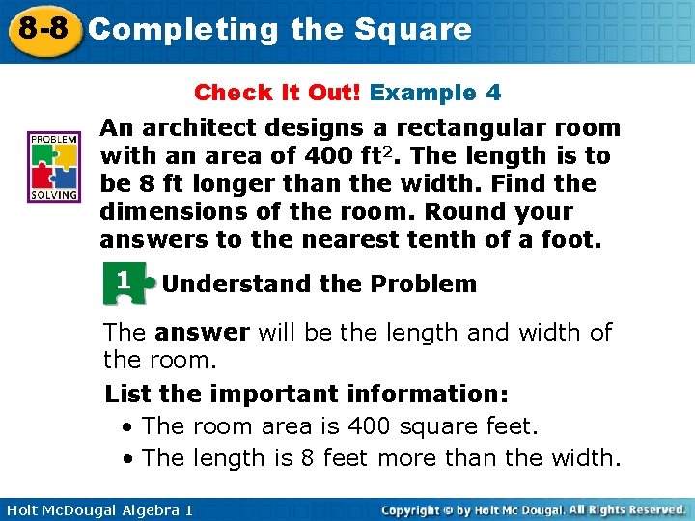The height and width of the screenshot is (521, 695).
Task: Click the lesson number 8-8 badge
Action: [x=40, y=28]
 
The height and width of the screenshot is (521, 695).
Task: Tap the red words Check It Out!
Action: [x=277, y=93]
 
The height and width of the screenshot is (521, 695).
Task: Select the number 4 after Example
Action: [x=493, y=93]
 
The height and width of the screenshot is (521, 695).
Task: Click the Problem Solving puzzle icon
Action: [x=54, y=167]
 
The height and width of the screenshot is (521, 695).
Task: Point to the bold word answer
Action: [x=202, y=333]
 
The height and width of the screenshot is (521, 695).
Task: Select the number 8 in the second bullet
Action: [x=307, y=458]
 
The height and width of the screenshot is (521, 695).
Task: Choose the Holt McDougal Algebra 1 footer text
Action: [x=97, y=509]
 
